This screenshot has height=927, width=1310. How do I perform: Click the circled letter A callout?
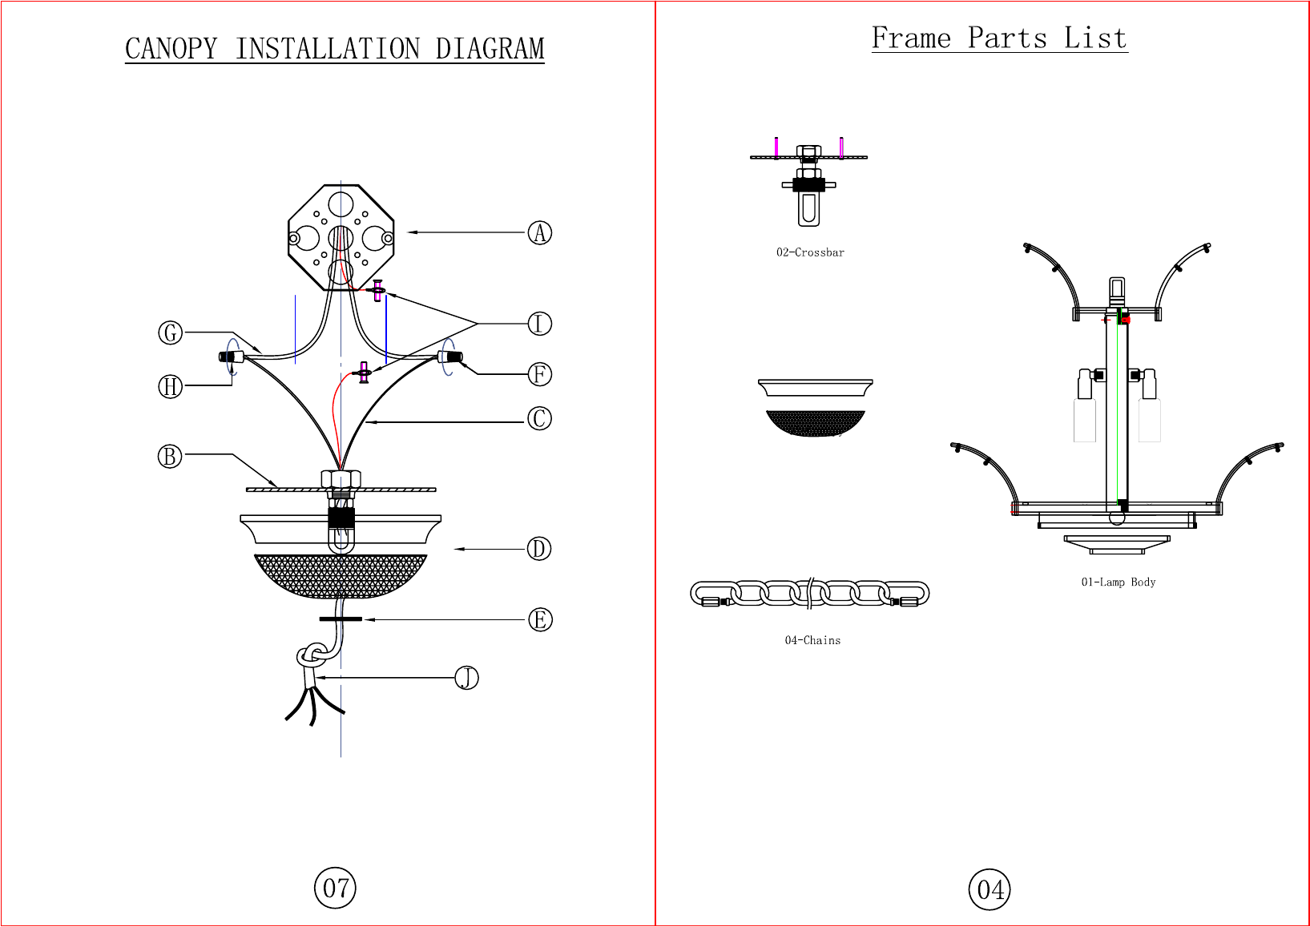pyautogui.click(x=540, y=233)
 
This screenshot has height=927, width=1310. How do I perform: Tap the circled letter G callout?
pyautogui.click(x=170, y=333)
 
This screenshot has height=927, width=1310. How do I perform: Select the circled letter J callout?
pyautogui.click(x=466, y=678)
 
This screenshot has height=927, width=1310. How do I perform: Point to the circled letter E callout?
pyautogui.click(x=540, y=619)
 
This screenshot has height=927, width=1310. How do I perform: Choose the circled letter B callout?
pyautogui.click(x=170, y=457)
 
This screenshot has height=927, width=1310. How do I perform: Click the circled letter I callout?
pyautogui.click(x=540, y=324)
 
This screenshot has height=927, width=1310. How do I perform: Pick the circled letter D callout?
pyautogui.click(x=539, y=549)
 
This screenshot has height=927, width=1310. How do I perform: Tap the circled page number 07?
pyautogui.click(x=335, y=888)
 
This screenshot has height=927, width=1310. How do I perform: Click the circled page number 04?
pyautogui.click(x=990, y=889)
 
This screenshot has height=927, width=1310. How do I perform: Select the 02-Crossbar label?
pyautogui.click(x=810, y=252)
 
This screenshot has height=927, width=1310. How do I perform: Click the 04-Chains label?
pyautogui.click(x=812, y=640)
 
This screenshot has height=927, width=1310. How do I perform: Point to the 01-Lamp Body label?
pyautogui.click(x=1119, y=582)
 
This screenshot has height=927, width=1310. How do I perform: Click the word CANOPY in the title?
pyautogui.click(x=171, y=49)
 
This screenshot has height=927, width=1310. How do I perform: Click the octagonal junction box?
pyautogui.click(x=341, y=237)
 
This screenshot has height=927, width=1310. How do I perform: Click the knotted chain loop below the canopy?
pyautogui.click(x=312, y=657)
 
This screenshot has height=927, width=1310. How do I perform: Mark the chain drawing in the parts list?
pyautogui.click(x=809, y=594)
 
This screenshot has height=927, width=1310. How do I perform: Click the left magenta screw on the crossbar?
pyautogui.click(x=776, y=147)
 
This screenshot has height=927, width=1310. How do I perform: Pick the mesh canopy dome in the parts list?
pyautogui.click(x=816, y=422)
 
